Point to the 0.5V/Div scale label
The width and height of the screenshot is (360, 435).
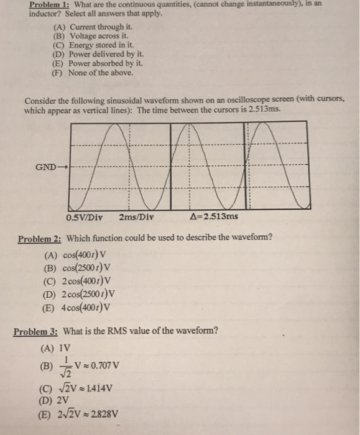pyautogui.click(x=85, y=217)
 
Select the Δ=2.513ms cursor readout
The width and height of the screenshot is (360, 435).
pyautogui.click(x=213, y=217)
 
